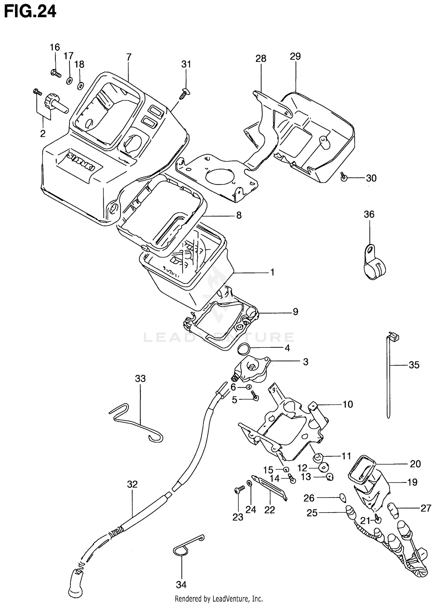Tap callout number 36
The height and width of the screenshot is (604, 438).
coord(369,214)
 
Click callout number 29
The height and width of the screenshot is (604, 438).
coord(295,56)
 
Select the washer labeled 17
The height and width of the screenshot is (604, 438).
coord(69,81)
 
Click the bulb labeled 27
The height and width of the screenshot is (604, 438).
coord(394,510)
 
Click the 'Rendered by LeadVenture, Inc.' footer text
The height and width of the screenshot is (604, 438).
coord(219,599)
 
